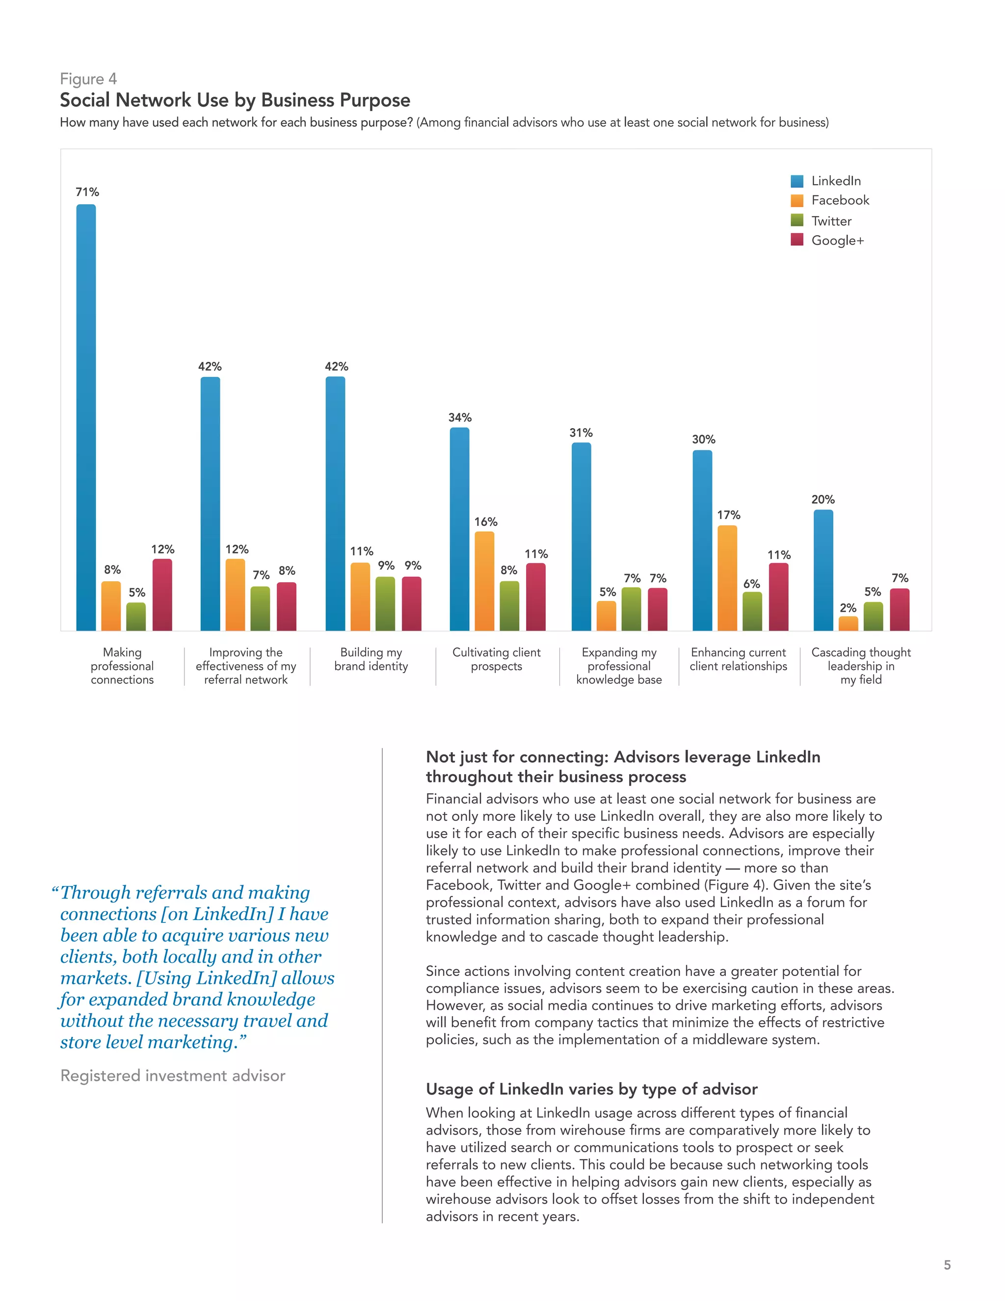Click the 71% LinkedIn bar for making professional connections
tap(86, 417)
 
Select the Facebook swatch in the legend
tap(797, 201)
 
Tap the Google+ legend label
tap(837, 241)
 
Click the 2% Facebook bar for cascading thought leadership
tap(848, 623)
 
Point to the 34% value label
tap(460, 418)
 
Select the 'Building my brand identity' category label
tap(371, 659)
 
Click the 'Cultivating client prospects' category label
tap(496, 659)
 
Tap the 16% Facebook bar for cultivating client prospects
tap(484, 581)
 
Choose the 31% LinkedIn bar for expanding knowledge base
tap(581, 536)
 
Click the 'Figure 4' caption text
tap(88, 79)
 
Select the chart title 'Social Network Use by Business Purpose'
tap(235, 100)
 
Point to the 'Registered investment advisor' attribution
tap(173, 1076)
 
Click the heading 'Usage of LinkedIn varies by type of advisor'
tap(591, 1089)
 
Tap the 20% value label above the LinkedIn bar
tap(823, 500)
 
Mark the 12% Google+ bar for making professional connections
tap(162, 595)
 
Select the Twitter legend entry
tap(831, 221)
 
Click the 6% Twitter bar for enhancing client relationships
tap(752, 611)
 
